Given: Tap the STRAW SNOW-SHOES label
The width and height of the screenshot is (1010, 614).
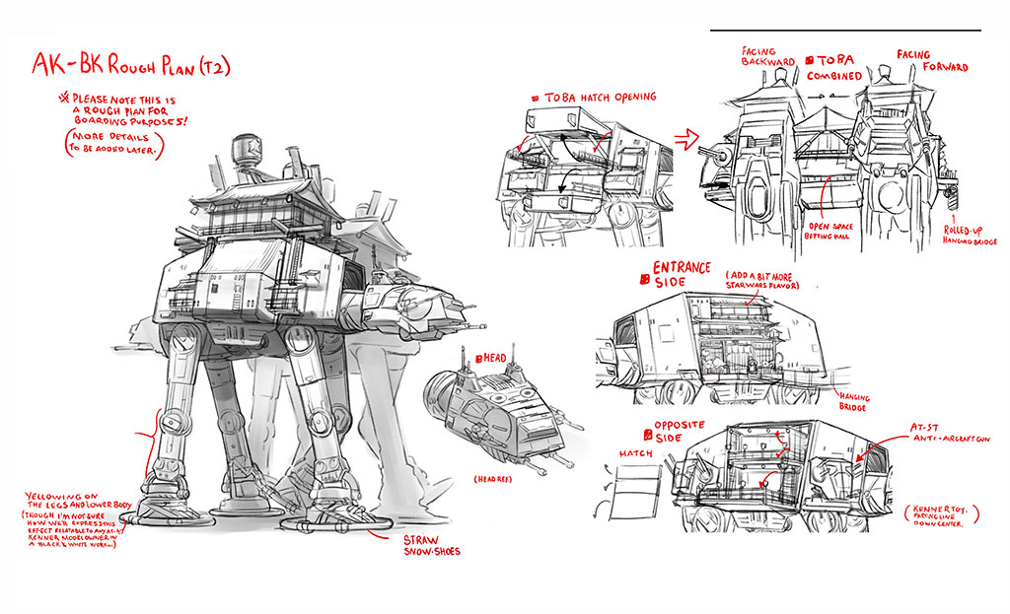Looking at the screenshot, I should point(431,545).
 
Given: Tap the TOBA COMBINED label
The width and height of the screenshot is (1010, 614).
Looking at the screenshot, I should point(834,67).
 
